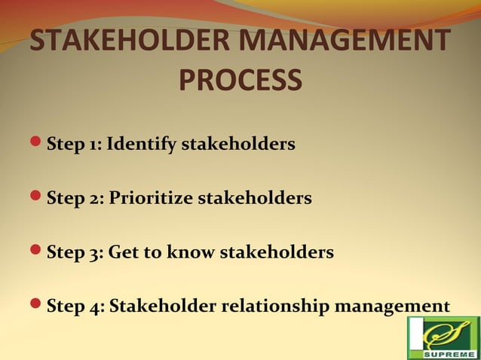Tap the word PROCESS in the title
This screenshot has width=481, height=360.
pyautogui.click(x=240, y=80)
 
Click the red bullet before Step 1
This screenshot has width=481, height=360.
pyautogui.click(x=38, y=142)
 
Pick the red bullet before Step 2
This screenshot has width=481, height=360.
pyautogui.click(x=38, y=198)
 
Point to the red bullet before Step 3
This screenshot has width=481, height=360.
pyautogui.click(x=38, y=252)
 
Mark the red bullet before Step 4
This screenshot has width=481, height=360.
pyautogui.click(x=38, y=307)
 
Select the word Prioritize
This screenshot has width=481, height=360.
pyautogui.click(x=151, y=199)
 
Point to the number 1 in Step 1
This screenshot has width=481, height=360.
pyautogui.click(x=93, y=144)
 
